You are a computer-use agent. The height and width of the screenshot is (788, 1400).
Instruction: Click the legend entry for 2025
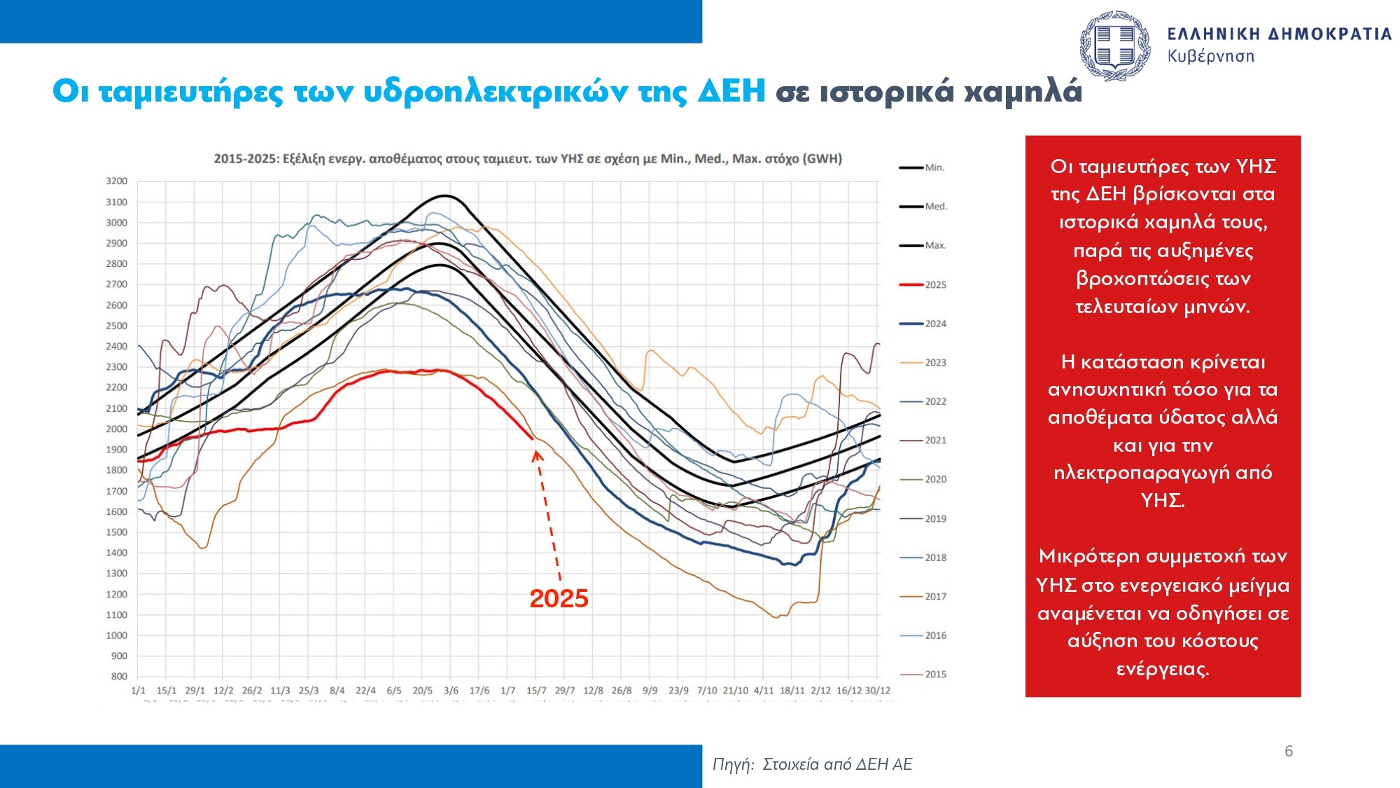[x=935, y=284]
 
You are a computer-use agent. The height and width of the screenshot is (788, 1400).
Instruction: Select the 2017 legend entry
[x=935, y=596]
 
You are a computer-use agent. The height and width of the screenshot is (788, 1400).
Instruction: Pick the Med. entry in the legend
[x=936, y=207]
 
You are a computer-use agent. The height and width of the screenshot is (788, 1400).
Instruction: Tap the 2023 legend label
[x=935, y=363]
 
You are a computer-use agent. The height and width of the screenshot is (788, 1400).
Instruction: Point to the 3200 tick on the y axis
[x=117, y=181]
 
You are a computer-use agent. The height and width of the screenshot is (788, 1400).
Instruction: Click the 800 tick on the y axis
[x=119, y=677]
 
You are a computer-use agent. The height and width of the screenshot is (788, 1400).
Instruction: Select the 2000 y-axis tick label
[x=117, y=429]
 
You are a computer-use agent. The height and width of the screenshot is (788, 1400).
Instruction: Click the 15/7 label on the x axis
[x=536, y=691]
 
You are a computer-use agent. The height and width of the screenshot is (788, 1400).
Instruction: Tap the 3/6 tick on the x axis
[x=451, y=691]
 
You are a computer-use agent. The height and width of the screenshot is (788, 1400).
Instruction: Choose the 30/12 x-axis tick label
[x=878, y=691]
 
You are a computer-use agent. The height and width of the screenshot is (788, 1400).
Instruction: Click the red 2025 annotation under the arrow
[x=559, y=599]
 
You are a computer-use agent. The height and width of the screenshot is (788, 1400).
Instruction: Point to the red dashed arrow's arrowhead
[x=537, y=456]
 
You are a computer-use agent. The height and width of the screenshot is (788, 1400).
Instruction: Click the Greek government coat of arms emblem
[x=1115, y=46]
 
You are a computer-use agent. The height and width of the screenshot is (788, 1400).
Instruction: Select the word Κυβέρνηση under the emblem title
[x=1210, y=56]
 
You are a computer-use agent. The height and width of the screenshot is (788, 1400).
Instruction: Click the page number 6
[x=1289, y=751]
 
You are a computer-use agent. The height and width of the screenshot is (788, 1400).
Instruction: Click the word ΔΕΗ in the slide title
[x=731, y=91]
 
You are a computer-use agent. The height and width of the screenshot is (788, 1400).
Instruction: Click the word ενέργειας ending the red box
[x=1163, y=669]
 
